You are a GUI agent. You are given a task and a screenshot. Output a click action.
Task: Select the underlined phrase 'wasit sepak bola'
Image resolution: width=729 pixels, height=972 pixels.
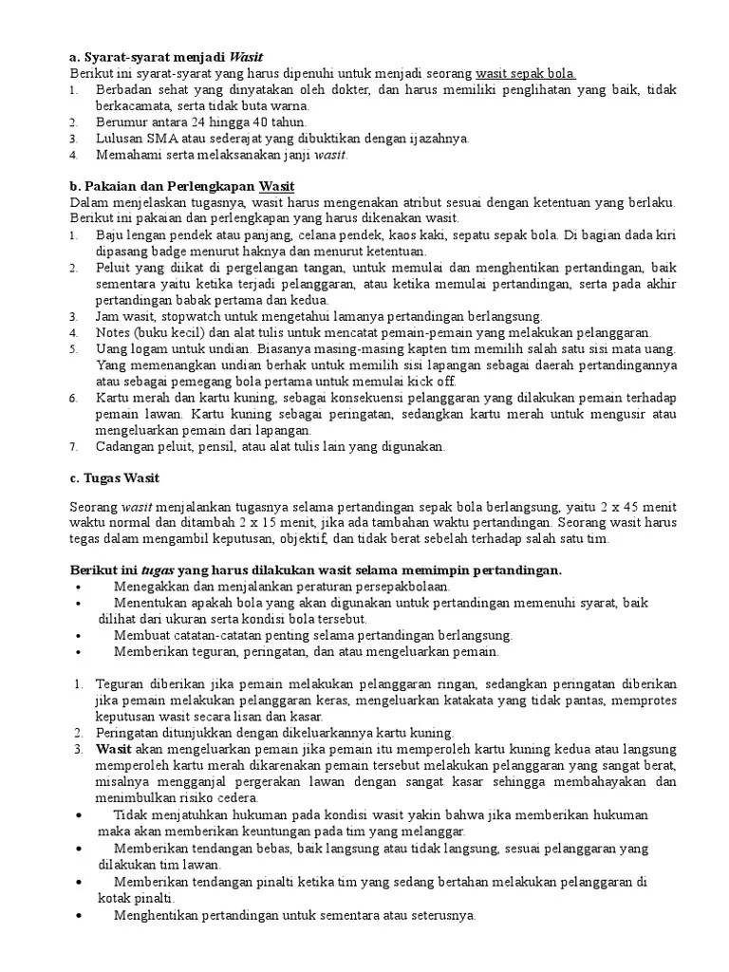coord(526,73)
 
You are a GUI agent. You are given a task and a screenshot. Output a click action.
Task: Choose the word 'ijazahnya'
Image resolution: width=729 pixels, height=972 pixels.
coord(435,138)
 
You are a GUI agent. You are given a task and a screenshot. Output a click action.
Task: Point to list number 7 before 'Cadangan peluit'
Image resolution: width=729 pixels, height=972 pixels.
coord(74,445)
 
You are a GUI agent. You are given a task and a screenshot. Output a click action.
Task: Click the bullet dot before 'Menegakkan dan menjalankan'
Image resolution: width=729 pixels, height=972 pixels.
coord(76,587)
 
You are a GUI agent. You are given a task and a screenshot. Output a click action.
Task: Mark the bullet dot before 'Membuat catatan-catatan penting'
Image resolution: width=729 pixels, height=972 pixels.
coord(76,635)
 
